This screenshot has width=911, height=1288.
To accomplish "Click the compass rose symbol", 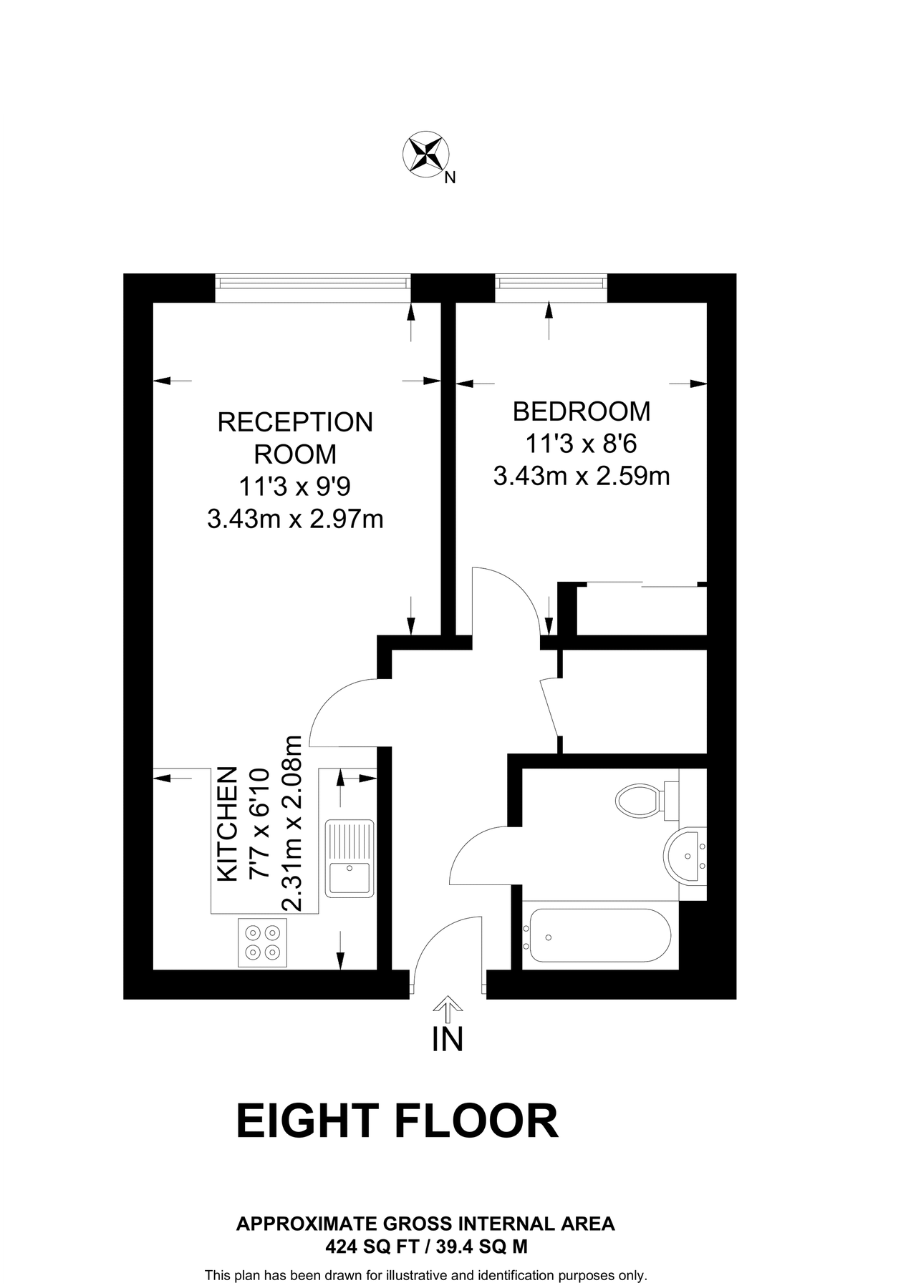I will click(x=426, y=153).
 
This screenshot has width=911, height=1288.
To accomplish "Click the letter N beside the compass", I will click(x=450, y=179).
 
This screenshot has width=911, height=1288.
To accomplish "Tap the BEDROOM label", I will click(x=582, y=411).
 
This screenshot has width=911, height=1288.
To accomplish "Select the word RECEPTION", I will click(x=295, y=422).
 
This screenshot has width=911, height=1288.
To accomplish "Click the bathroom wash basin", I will click(x=686, y=856).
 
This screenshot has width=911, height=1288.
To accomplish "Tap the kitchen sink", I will click(x=350, y=859).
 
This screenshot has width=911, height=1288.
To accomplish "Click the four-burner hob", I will click(x=262, y=942).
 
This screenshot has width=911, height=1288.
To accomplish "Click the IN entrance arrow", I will click(x=448, y=1008).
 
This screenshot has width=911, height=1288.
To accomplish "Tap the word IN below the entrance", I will click(x=448, y=1040).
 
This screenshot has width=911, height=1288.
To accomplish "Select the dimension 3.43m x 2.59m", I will click(x=582, y=476).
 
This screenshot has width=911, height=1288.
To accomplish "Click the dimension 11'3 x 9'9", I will click(x=295, y=487).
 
